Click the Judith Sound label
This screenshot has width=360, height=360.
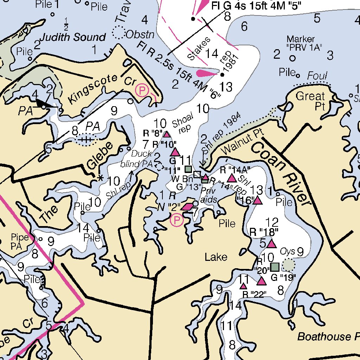(73, 37)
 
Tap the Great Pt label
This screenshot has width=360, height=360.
(310, 101)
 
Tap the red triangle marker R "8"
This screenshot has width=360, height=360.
(167, 134)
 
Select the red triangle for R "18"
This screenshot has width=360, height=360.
(271, 243)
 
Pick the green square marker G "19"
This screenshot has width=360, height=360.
(275, 267)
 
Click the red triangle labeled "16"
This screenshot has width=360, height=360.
(257, 200)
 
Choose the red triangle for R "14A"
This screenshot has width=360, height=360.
(232, 178)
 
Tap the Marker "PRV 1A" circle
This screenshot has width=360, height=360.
(292, 58)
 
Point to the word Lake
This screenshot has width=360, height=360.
(216, 257)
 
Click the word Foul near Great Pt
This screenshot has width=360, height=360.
(317, 76)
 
